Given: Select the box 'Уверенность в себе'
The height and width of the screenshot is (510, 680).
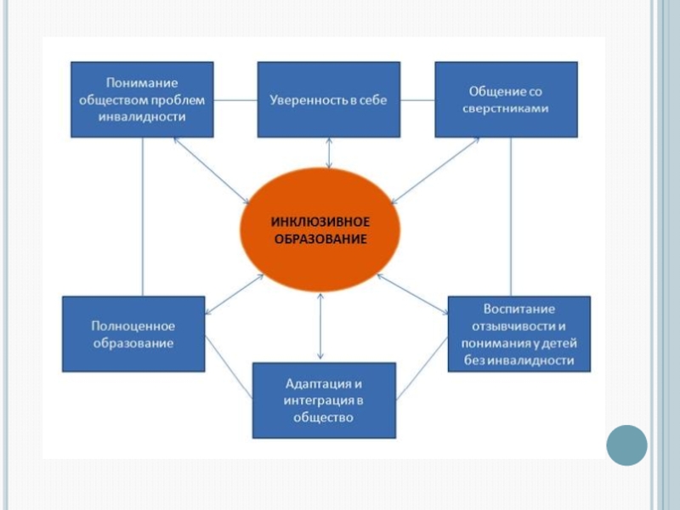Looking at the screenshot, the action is click(328, 99).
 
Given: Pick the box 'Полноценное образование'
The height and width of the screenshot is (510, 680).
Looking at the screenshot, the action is click(133, 334).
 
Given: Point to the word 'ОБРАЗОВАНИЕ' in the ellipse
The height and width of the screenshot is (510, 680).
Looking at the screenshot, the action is click(320, 240).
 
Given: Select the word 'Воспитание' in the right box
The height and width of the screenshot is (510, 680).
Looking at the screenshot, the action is click(518, 308).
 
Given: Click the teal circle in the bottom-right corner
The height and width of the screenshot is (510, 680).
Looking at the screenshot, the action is click(626, 444).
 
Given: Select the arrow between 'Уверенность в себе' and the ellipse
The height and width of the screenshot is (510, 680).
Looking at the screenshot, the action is click(328, 153).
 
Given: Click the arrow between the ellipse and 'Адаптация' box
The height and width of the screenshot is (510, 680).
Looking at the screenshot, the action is click(320, 327).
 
